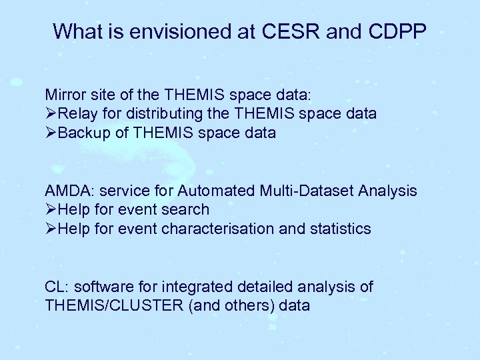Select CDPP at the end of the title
click(394, 31)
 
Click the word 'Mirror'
click(63, 95)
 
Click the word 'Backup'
click(83, 133)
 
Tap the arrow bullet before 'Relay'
click(51, 114)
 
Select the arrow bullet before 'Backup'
click(51, 133)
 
